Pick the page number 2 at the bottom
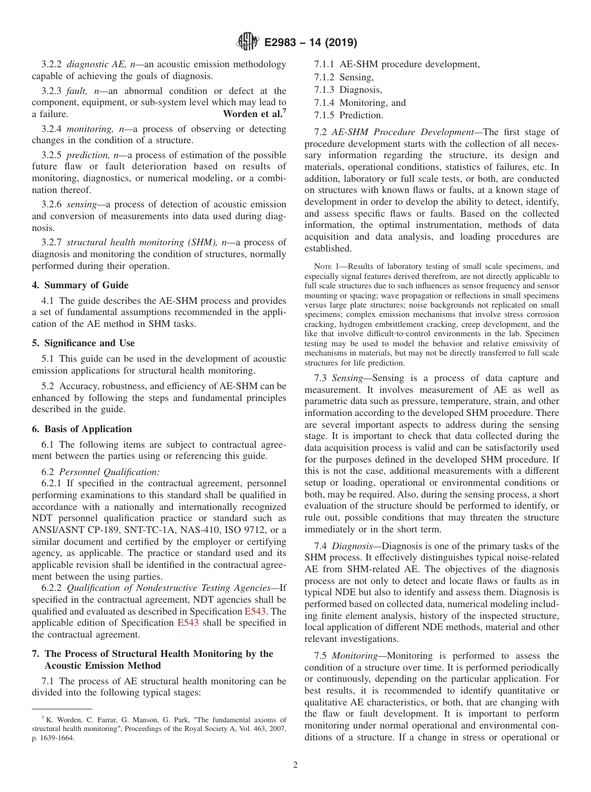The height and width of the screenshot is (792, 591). pyautogui.click(x=295, y=765)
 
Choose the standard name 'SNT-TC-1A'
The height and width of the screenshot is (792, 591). pyautogui.click(x=137, y=530)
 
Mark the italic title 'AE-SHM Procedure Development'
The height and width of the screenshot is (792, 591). pyautogui.click(x=404, y=132)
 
